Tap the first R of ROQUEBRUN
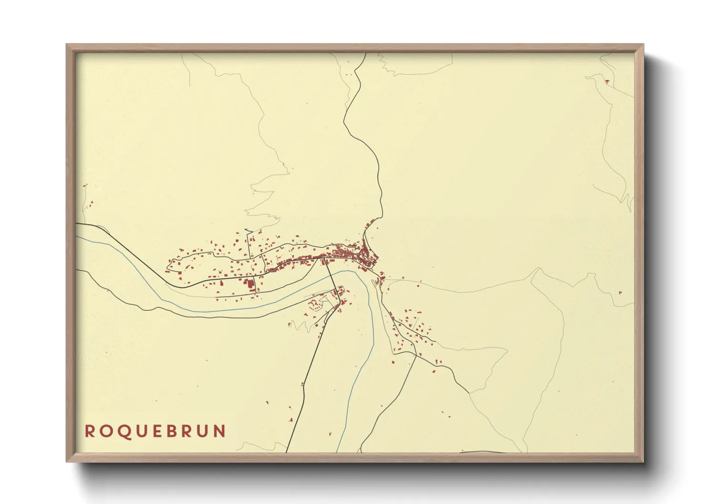(x=89, y=431)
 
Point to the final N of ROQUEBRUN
(x=220, y=431)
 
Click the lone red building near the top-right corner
(x=607, y=81)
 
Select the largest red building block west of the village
(x=249, y=285)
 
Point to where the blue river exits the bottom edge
(x=337, y=451)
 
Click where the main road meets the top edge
(x=365, y=54)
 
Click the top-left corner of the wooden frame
(x=67, y=45)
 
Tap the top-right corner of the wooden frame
(x=643, y=45)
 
